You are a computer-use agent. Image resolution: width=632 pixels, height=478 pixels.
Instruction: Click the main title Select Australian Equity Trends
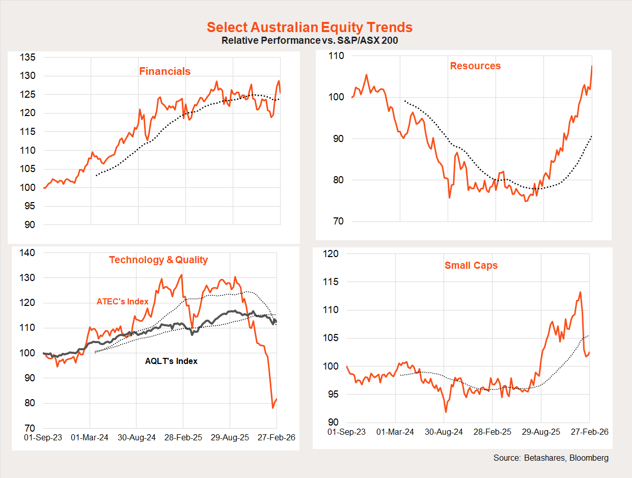310,27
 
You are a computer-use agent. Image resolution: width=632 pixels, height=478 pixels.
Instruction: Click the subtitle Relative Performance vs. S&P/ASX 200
309,40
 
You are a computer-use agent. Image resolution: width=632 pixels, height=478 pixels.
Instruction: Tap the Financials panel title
164,71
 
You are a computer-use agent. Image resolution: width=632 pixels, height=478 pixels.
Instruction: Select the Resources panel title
475,66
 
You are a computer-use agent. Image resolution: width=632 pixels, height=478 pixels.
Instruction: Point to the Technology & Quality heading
158,260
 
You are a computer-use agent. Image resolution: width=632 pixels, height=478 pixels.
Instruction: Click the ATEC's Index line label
122,301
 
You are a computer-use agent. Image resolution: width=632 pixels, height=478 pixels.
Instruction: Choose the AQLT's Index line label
171,361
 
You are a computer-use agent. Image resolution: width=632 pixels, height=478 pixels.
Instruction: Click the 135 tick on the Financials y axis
29,58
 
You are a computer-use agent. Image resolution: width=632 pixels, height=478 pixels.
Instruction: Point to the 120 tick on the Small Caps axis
334,254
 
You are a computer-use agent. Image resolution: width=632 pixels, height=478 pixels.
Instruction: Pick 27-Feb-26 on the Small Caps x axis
588,432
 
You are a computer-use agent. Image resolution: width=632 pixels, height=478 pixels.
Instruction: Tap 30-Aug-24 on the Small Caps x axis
444,432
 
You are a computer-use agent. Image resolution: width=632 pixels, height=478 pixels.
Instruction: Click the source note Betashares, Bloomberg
551,458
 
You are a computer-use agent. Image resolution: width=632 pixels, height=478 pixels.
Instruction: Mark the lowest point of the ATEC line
272,408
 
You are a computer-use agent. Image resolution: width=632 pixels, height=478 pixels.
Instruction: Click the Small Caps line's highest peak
580,292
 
